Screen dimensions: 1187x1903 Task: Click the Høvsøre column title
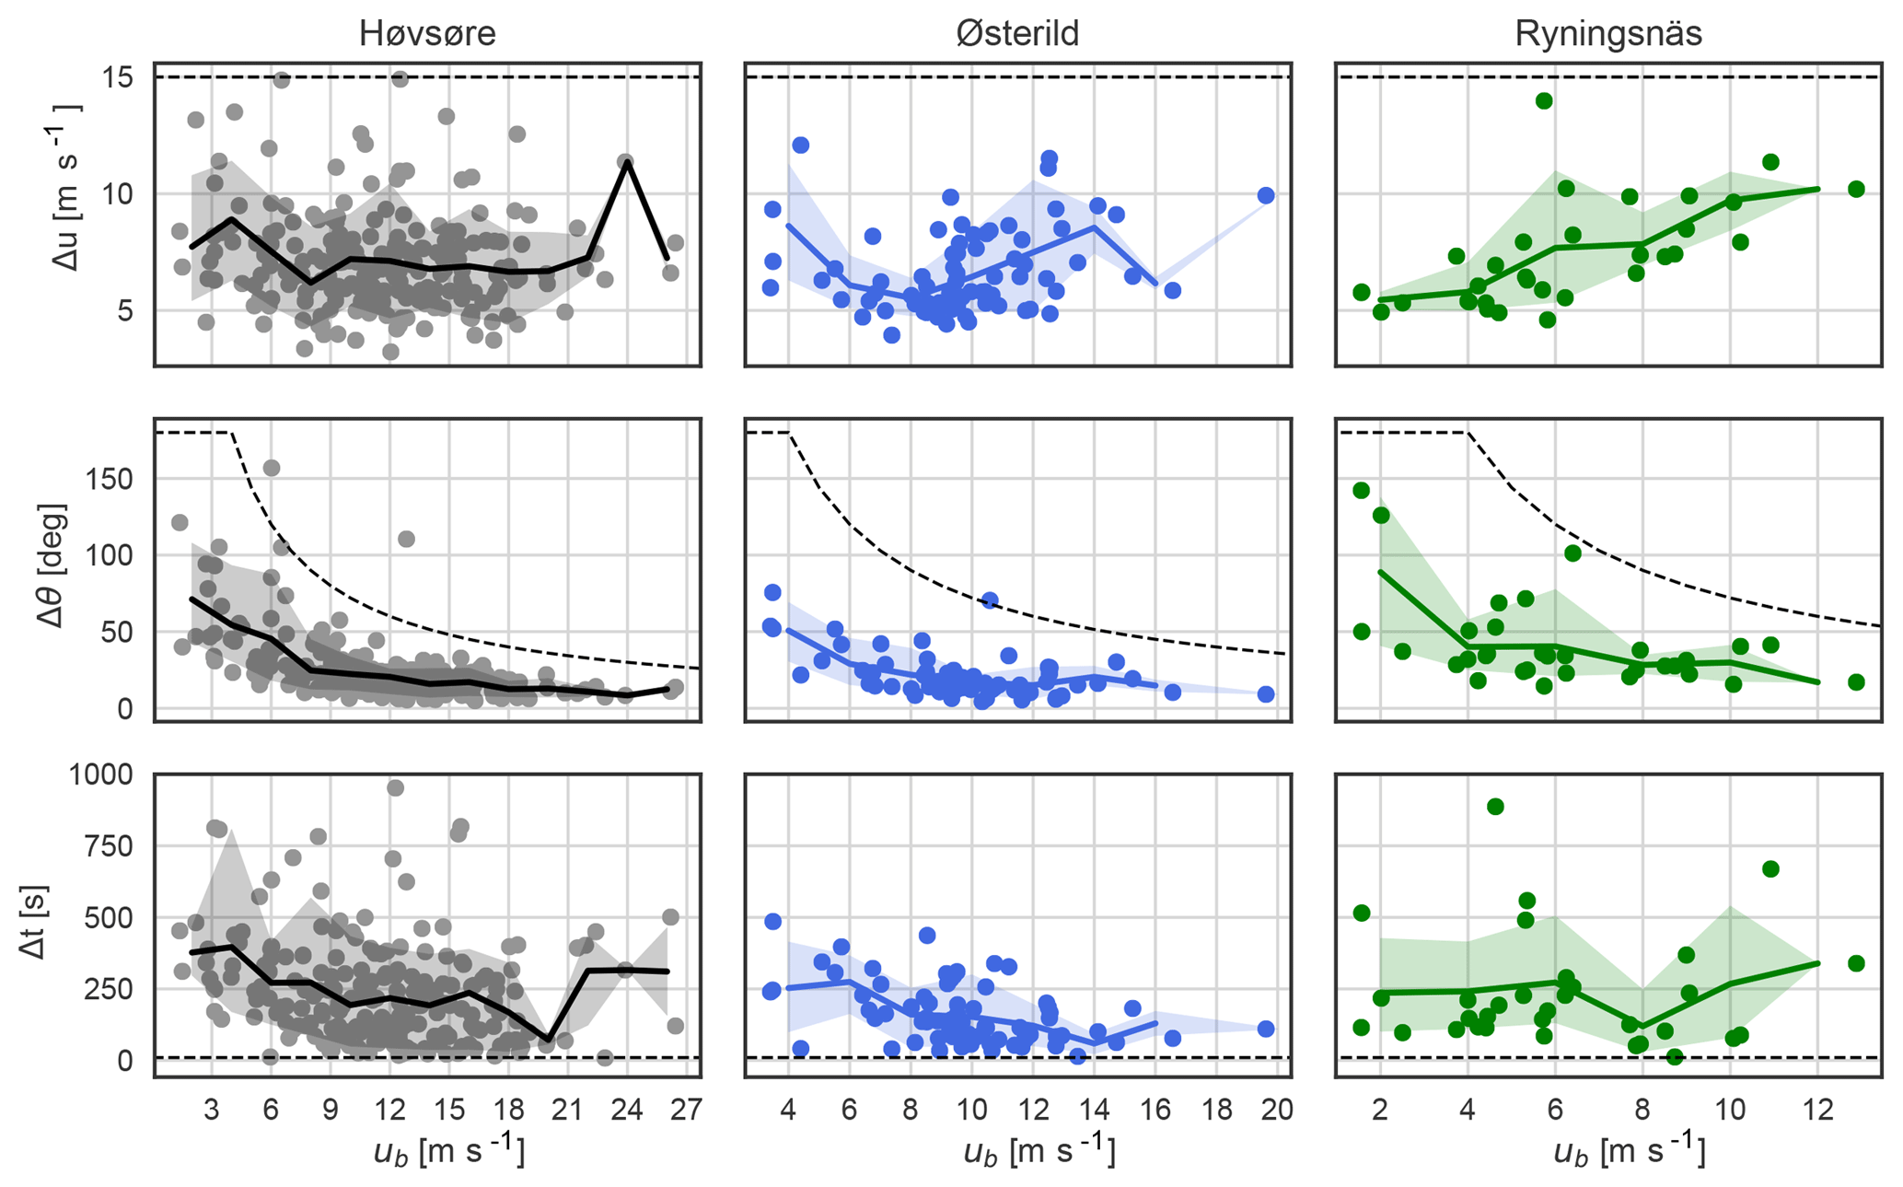[427, 34]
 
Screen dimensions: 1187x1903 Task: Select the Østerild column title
[1017, 34]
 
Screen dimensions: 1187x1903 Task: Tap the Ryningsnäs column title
[1608, 34]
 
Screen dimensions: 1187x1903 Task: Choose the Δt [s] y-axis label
[35, 922]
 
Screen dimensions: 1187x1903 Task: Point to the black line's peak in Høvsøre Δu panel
[626, 162]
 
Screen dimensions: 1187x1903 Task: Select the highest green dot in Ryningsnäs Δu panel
[1544, 101]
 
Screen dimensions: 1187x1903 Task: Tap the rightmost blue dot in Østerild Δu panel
[1266, 195]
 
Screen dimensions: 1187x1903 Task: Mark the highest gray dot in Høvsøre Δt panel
[395, 787]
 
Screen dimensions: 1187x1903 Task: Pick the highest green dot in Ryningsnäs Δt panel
[1495, 807]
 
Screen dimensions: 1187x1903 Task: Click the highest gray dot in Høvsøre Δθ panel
[272, 468]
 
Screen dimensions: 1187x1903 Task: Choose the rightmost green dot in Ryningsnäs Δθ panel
[1856, 682]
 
